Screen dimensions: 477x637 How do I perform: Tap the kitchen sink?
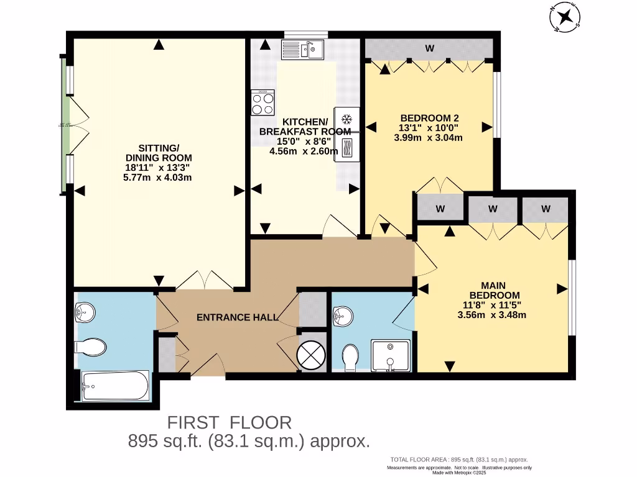(x=300, y=49)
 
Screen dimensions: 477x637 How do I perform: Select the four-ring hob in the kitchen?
(x=263, y=102)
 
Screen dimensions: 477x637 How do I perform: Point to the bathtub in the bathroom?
(x=115, y=386)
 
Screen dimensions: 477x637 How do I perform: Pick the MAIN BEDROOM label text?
(x=494, y=289)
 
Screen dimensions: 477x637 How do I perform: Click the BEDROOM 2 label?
(x=429, y=118)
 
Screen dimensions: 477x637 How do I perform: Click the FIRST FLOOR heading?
(x=230, y=423)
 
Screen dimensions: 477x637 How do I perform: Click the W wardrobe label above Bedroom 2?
(x=429, y=48)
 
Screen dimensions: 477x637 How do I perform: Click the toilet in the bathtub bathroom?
(x=88, y=345)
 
